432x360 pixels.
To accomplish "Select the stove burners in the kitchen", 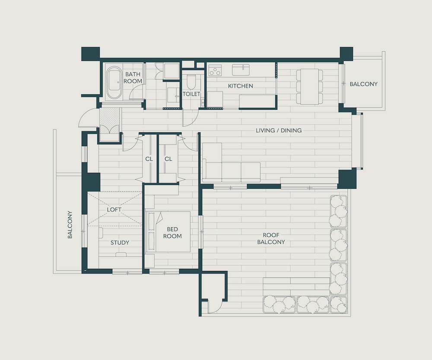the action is tap(215, 70).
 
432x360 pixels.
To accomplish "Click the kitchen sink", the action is tap(241, 70).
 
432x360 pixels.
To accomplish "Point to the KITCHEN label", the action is tap(241, 86).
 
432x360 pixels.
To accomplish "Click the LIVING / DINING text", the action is tap(279, 131).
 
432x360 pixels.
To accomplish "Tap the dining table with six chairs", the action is tap(309, 86).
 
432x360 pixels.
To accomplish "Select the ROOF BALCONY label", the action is tap(271, 239).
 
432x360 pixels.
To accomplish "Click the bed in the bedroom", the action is tap(168, 232).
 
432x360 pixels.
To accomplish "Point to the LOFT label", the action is tap(114, 210).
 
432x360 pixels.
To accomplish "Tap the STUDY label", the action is tap(120, 243).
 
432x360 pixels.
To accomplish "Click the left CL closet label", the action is tap(149, 159).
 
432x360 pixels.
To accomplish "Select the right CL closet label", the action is tap(168, 159).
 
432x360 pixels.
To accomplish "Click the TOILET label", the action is tap(191, 94).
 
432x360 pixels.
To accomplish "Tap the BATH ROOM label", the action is tap(133, 78).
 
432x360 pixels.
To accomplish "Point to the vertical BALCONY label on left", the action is tap(70, 225).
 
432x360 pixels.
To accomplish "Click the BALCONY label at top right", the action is tap(363, 84).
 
